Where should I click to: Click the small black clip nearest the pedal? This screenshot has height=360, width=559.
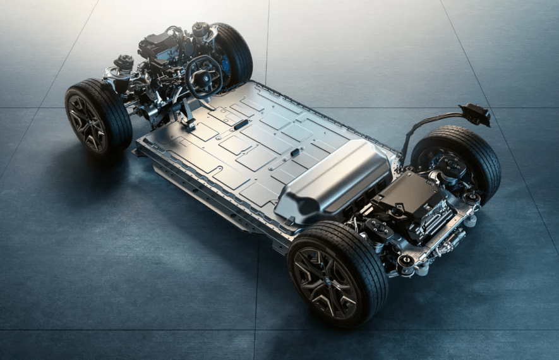pos(241,124)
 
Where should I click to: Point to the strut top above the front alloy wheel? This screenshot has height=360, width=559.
pos(123,63)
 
